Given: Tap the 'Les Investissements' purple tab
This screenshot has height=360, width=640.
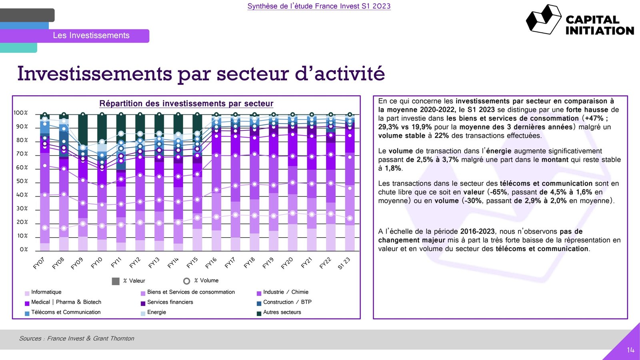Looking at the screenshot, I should (x=91, y=36).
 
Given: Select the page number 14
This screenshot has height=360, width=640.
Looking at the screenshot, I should (x=630, y=350).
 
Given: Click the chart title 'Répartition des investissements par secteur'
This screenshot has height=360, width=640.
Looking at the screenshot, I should (x=186, y=104).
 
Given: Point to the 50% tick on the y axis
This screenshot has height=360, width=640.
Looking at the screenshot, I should (x=22, y=181).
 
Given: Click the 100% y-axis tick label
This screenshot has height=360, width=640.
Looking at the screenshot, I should (x=21, y=113).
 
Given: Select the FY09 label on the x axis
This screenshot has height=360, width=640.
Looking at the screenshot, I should (x=77, y=263).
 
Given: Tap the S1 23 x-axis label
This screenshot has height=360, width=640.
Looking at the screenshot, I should (x=344, y=263).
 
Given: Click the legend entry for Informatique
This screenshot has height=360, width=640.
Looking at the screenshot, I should (x=46, y=292).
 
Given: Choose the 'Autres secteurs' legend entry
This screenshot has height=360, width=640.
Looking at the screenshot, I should (x=282, y=312).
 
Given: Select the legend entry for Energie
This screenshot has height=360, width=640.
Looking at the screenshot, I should (x=156, y=312).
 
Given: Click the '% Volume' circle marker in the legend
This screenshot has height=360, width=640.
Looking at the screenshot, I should (x=186, y=281).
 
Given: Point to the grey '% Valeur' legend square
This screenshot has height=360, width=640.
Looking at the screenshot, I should (x=116, y=281).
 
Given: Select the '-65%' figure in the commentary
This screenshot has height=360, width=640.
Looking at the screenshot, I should (x=498, y=192).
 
